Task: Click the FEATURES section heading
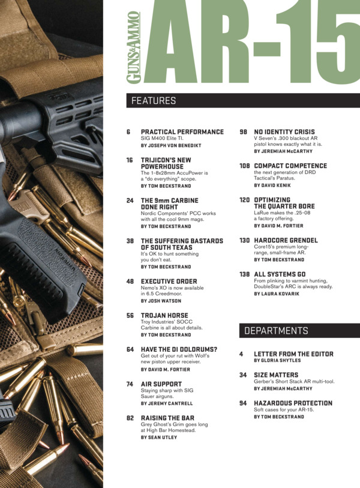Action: click(154, 101)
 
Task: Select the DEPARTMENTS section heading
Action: click(276, 331)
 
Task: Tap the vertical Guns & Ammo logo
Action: click(133, 47)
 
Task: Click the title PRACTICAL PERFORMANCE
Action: click(182, 132)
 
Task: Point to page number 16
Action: click(130, 160)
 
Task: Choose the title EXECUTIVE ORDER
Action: click(169, 282)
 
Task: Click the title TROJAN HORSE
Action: click(164, 315)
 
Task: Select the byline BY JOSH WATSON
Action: click(161, 301)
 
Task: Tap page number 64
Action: click(130, 349)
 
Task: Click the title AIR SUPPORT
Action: click(161, 384)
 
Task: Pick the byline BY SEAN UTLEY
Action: click(158, 437)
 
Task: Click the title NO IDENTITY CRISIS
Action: click(284, 132)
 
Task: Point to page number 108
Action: click(245, 166)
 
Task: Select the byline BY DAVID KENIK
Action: click(272, 185)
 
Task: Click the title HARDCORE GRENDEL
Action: click(286, 240)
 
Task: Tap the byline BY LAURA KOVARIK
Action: click(277, 294)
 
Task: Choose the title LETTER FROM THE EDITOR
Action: click(293, 354)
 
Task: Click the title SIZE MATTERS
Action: click(276, 375)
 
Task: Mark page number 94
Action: click(243, 403)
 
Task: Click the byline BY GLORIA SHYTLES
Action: click(277, 360)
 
